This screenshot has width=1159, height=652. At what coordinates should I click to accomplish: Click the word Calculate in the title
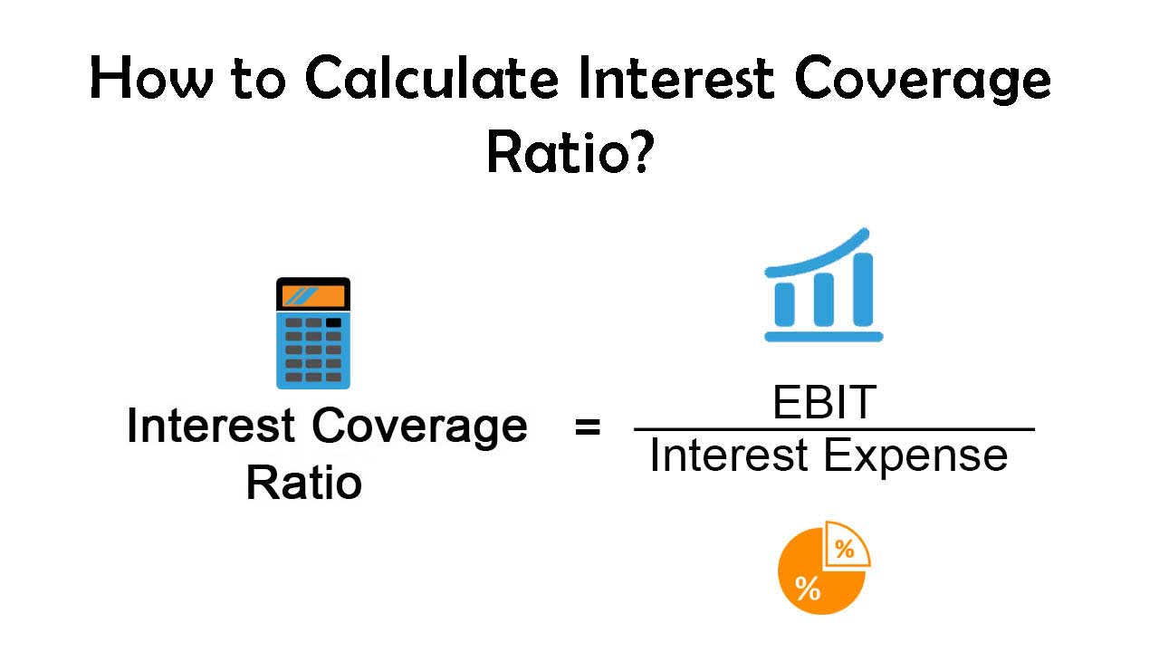pos(432,79)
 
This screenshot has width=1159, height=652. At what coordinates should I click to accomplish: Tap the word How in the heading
pos(151,78)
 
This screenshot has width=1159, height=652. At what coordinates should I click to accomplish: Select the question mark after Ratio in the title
pos(642,151)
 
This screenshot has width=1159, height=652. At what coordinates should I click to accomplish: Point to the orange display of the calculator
pos(313,296)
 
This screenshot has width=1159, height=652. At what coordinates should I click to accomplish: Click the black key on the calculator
pos(333,323)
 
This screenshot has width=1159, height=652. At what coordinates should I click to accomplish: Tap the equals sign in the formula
pos(588,427)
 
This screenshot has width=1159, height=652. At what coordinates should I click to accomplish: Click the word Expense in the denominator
pos(915,456)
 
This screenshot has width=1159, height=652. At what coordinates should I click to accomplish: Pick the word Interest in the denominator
pos(729,455)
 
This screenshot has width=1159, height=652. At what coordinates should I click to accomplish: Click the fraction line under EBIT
pos(834,429)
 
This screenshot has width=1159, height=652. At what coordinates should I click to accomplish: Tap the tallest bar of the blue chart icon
pos(863,289)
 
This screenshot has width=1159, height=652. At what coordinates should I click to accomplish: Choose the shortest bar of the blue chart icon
pos(784,304)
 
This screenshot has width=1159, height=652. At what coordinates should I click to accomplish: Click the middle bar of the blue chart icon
pos(824,299)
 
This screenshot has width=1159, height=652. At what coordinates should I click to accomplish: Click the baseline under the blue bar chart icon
pos(824,337)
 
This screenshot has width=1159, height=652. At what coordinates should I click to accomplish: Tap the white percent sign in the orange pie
pos(808,589)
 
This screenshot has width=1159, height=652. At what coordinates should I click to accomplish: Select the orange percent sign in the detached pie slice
pos(845,549)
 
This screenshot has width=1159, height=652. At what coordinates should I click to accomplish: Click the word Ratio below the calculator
pos(303,483)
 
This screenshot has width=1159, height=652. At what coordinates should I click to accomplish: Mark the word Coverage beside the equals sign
pos(419,427)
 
